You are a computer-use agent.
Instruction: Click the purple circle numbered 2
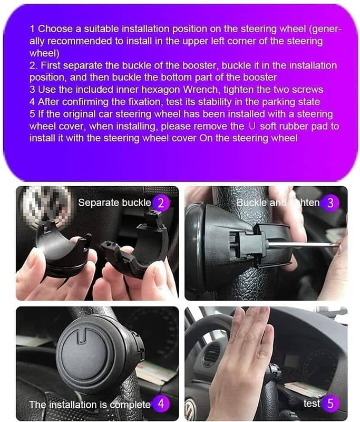(161, 203)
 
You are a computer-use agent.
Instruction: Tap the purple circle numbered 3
(330, 203)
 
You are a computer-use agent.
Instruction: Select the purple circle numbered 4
(161, 404)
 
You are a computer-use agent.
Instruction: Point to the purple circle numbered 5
(330, 404)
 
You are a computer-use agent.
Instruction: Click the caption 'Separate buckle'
(114, 203)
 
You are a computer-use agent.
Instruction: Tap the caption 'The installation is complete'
(90, 405)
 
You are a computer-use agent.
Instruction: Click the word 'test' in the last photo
(312, 403)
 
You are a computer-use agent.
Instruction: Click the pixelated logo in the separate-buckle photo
(47, 205)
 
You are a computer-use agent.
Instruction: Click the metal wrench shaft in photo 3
(304, 244)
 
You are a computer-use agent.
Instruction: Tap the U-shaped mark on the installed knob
(81, 337)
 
